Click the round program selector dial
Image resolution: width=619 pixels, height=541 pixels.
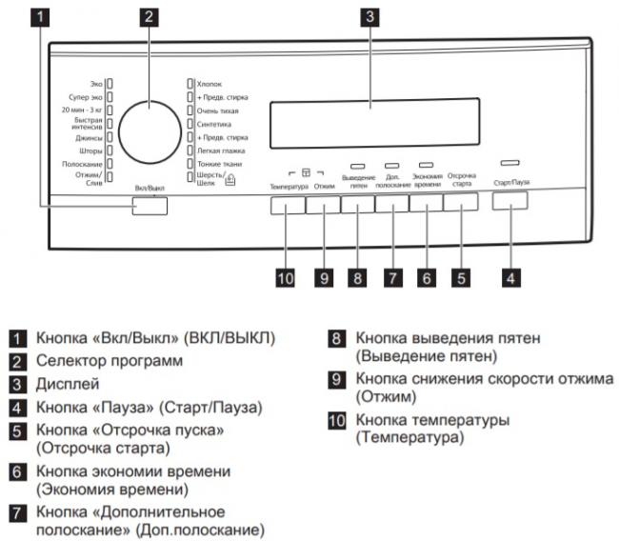(150, 132)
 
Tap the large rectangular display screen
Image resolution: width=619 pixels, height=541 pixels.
(374, 123)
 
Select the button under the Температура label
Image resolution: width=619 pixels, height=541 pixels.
(288, 206)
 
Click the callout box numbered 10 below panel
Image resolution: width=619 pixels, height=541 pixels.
(285, 278)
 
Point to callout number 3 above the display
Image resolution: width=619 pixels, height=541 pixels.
(369, 16)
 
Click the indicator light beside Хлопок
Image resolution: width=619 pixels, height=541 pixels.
(190, 84)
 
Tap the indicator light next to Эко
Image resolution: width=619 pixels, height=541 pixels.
(110, 84)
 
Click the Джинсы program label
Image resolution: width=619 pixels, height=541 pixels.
(89, 138)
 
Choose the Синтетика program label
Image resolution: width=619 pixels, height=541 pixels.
(214, 125)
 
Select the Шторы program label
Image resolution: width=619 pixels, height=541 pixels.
(90, 150)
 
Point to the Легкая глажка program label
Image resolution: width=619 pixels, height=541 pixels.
(221, 150)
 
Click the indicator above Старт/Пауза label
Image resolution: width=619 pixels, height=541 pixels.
(509, 163)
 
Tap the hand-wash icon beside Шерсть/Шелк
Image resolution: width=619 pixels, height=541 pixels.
(230, 180)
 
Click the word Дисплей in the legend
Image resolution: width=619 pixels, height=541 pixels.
(68, 384)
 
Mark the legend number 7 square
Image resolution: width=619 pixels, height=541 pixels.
(17, 513)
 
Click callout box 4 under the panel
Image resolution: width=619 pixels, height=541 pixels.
(510, 278)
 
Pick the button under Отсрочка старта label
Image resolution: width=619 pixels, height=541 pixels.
(461, 202)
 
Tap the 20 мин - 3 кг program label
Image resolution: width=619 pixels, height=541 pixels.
(82, 110)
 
